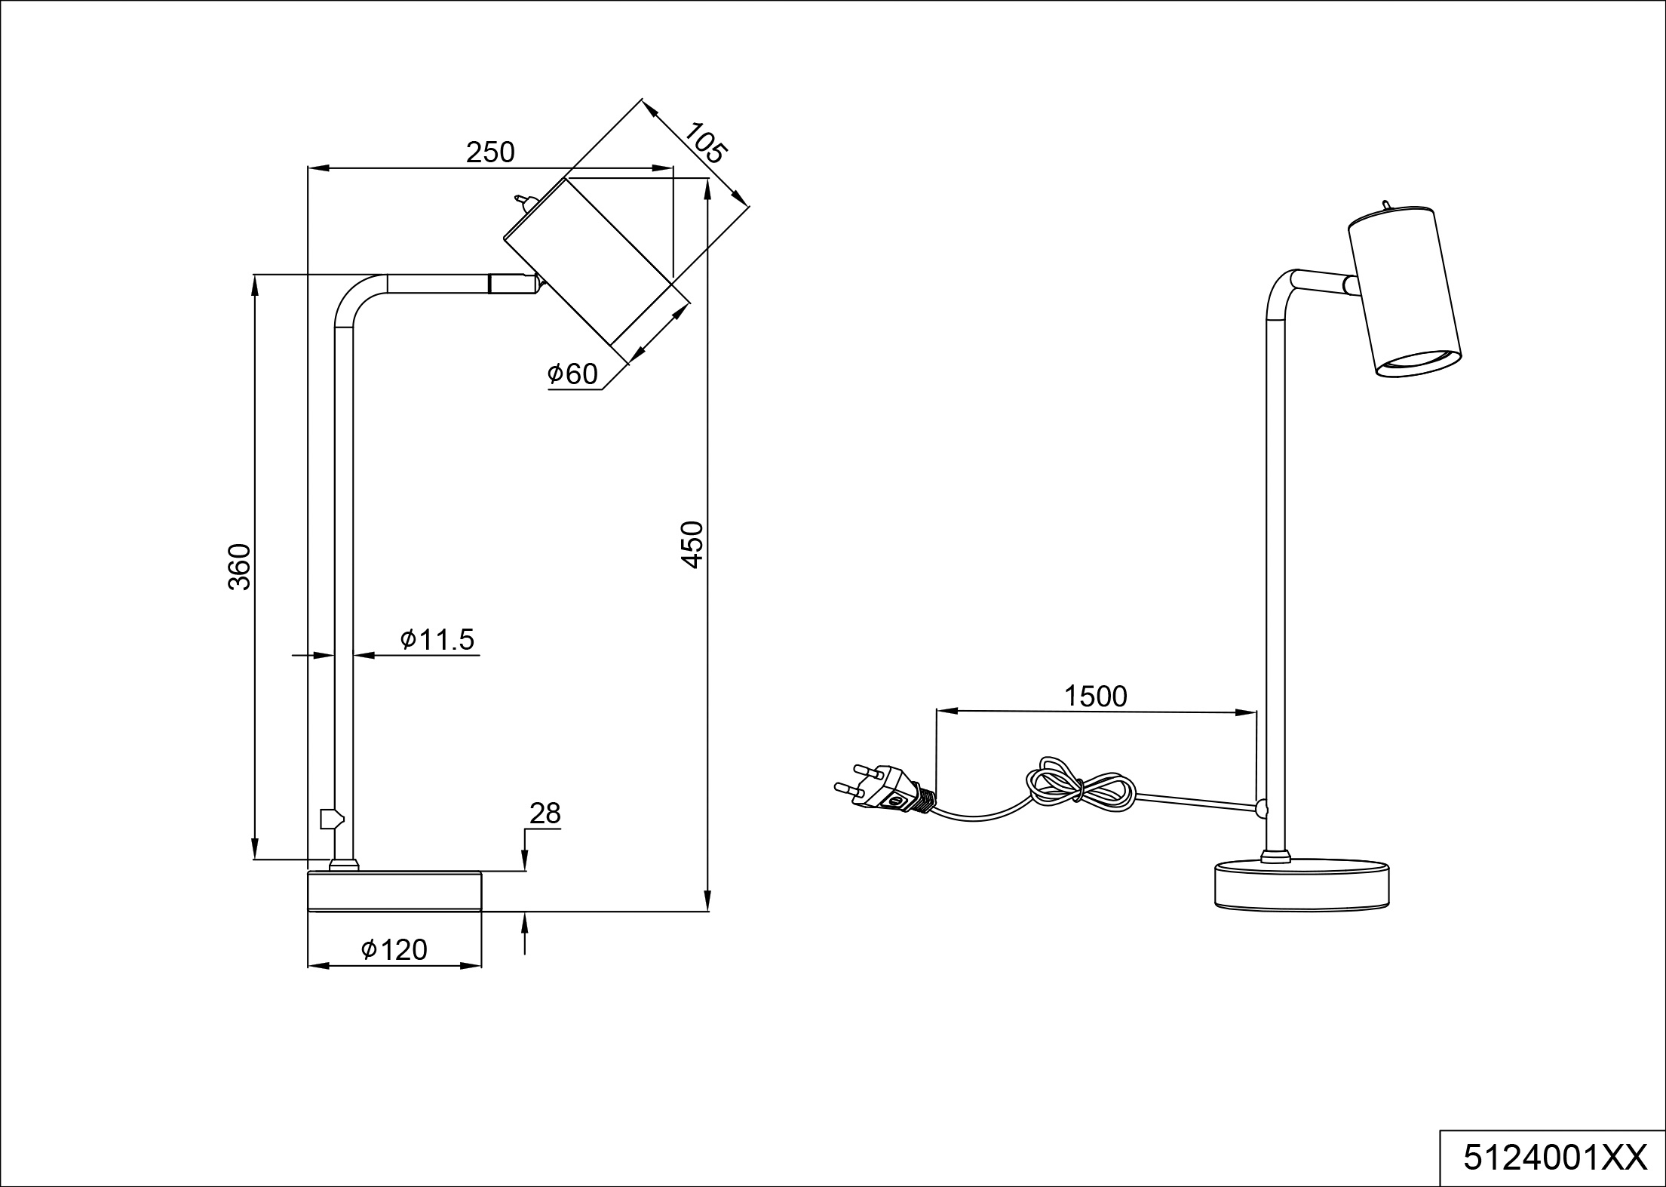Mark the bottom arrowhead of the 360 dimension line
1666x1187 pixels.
click(255, 848)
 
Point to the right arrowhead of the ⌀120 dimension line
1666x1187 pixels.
click(471, 965)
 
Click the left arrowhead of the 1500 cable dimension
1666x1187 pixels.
click(946, 711)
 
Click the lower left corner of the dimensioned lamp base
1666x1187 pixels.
click(308, 912)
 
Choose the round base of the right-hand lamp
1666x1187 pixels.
click(1302, 884)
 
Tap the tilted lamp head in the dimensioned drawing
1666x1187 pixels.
click(596, 268)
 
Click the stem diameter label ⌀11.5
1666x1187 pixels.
click(438, 639)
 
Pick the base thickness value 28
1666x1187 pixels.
click(545, 813)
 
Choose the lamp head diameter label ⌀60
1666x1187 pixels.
click(572, 374)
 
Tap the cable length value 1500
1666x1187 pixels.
click(1095, 696)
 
